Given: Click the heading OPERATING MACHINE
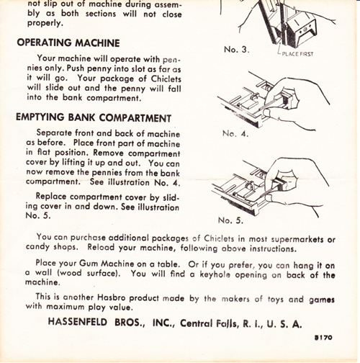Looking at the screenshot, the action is pyautogui.click(x=68, y=43).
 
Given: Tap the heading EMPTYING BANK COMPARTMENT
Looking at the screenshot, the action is pyautogui.click(x=94, y=117).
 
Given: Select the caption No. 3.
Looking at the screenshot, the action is pyautogui.click(x=237, y=50).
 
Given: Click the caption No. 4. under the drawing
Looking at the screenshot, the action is pyautogui.click(x=235, y=133).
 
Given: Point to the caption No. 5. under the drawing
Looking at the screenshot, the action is pyautogui.click(x=230, y=220).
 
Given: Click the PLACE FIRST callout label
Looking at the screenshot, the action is pyautogui.click(x=297, y=54).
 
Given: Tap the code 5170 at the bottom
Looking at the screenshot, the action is pyautogui.click(x=323, y=337).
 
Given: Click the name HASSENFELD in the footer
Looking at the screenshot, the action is pyautogui.click(x=77, y=322).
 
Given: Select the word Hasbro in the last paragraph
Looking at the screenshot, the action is pyautogui.click(x=111, y=297).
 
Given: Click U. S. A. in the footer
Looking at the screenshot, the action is pyautogui.click(x=284, y=324).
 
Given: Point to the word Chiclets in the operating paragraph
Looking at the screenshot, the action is pyautogui.click(x=166, y=79).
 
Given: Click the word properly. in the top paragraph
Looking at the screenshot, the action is pyautogui.click(x=45, y=23).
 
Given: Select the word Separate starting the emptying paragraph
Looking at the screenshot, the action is pyautogui.click(x=54, y=133).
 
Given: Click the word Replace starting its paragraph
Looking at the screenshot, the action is pyautogui.click(x=51, y=197).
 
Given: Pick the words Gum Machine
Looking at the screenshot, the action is pyautogui.click(x=107, y=264).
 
